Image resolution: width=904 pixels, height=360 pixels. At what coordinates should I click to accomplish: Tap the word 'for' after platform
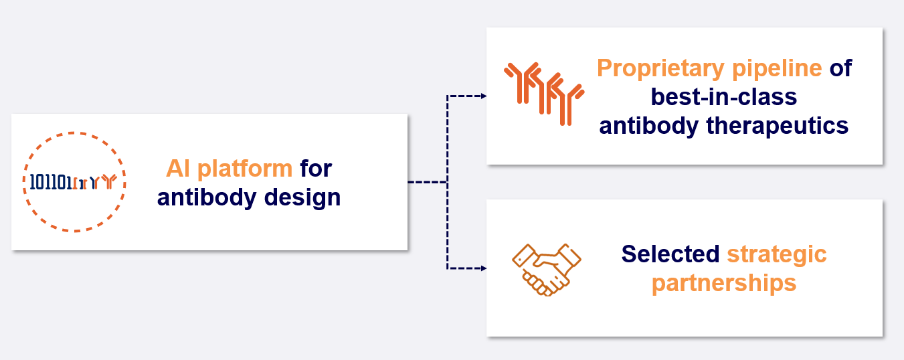tap(316, 168)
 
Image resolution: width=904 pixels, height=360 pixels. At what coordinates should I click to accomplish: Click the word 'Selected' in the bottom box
tap(670, 254)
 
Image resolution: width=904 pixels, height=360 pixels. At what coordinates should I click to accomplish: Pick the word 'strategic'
tap(777, 255)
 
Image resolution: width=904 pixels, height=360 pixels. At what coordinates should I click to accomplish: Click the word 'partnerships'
tap(724, 283)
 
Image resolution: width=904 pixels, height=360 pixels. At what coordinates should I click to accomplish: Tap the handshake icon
tap(546, 269)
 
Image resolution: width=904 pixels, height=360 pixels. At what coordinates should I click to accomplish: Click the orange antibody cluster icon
tap(543, 93)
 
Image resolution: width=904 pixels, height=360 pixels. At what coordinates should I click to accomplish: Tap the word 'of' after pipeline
tap(840, 68)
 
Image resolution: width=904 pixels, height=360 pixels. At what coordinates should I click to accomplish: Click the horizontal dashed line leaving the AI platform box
tap(427, 182)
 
